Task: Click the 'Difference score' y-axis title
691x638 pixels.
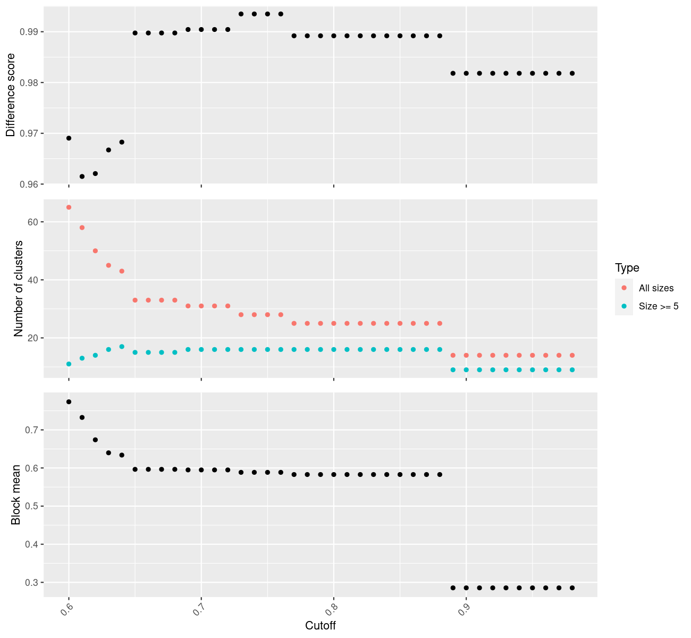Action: [11, 95]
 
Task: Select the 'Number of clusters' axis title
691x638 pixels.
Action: [19, 289]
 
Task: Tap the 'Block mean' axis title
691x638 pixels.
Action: [16, 495]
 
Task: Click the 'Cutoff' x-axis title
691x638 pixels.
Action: [321, 625]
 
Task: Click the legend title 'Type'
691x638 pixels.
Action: [627, 268]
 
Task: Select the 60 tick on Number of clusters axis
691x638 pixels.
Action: [33, 222]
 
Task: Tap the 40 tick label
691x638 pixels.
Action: [33, 280]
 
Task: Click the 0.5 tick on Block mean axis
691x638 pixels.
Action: [32, 506]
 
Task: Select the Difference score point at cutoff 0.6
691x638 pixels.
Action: [69, 138]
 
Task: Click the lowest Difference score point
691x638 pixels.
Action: [82, 177]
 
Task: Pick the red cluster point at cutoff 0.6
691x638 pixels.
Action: [69, 207]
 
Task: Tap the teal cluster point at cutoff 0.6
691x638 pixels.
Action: [69, 364]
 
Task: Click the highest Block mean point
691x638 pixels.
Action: [69, 402]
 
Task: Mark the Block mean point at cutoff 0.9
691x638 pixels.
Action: [466, 588]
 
